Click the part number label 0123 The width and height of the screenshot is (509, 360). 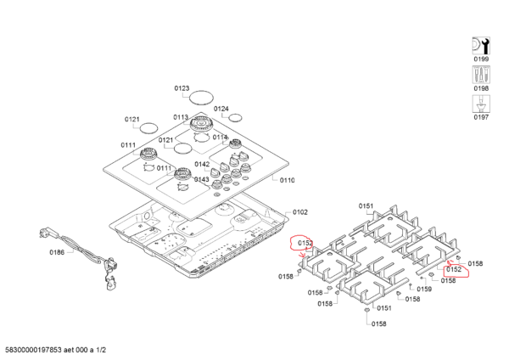click(182, 88)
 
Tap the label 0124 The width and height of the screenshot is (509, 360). click(221, 109)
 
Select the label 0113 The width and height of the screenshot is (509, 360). click(181, 117)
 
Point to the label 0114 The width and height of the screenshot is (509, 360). click(220, 138)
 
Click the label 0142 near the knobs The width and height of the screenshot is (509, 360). click(202, 165)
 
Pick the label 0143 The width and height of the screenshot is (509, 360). click(202, 180)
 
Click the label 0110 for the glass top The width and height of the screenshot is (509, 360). click(288, 180)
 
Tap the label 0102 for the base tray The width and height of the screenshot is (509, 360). click(300, 212)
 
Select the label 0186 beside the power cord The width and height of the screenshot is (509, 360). click(57, 252)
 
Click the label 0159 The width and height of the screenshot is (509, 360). click(424, 290)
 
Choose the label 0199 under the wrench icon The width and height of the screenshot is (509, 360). click(481, 59)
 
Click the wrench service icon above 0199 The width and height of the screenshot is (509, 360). click(481, 46)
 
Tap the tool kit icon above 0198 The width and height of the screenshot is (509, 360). click(481, 75)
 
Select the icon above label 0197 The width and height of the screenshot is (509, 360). click(481, 104)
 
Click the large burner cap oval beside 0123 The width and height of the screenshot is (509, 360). click(202, 98)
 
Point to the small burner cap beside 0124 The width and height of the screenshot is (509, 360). click(235, 118)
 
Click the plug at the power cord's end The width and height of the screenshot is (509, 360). click(45, 232)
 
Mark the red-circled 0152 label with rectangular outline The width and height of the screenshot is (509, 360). click(454, 269)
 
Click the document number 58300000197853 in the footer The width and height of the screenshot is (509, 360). click(33, 350)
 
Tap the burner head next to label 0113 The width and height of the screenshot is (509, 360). click(202, 124)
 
